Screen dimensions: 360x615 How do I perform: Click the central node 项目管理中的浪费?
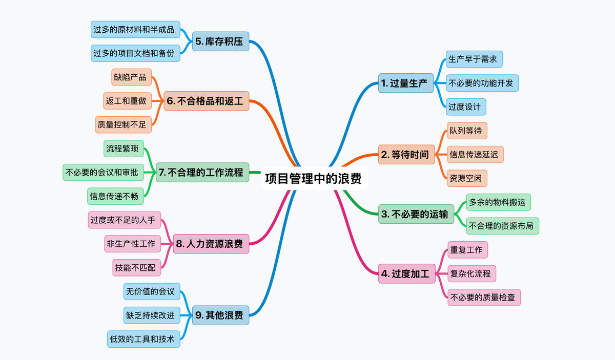coord(313,179)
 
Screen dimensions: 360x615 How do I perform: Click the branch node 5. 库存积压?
coord(220,41)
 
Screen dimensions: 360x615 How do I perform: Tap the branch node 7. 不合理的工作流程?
coord(202,173)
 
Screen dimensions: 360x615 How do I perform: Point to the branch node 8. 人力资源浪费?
coord(211,244)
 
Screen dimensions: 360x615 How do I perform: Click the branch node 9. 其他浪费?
coord(220,315)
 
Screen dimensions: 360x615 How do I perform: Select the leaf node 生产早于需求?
coord(473,59)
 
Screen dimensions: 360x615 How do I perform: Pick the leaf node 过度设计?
coord(465,107)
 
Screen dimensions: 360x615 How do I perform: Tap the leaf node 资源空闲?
coord(466,178)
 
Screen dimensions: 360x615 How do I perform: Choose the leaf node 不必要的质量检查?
coord(484,297)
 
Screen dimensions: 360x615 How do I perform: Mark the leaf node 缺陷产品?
coord(131,77)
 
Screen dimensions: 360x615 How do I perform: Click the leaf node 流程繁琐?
coord(124,149)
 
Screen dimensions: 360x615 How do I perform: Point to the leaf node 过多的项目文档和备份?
coord(135,53)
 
